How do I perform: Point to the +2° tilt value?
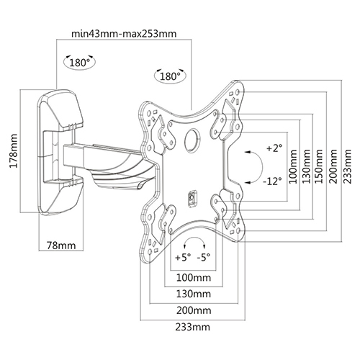click(274, 149)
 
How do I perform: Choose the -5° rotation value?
click(204, 256)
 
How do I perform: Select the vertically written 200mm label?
click(333, 166)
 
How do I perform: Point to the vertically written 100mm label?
click(292, 166)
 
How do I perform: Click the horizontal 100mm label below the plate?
click(192, 276)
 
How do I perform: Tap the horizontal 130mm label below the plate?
click(192, 294)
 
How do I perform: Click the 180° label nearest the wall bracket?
click(79, 63)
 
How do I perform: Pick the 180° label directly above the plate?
click(169, 76)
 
